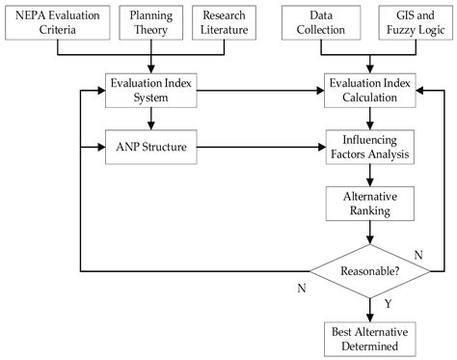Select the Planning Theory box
point(151,24)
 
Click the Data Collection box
point(321,24)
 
